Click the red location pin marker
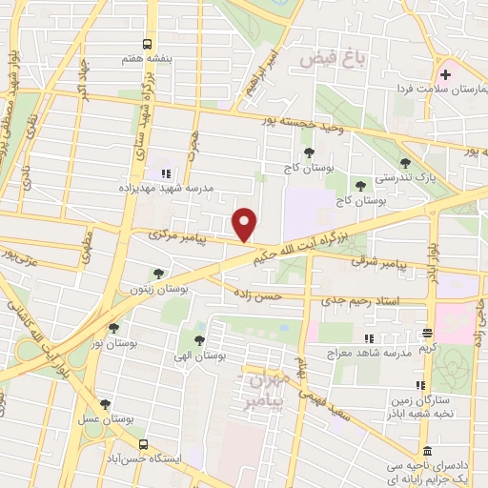(246, 224)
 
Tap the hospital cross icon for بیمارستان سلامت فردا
(446, 74)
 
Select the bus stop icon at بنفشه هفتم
(146, 44)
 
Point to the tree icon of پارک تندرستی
(406, 163)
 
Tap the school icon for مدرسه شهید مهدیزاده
(165, 173)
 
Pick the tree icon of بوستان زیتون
(157, 274)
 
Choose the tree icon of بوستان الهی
(199, 340)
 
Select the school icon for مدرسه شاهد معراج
(367, 338)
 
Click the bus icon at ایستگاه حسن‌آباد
(143, 444)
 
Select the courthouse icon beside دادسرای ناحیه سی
(425, 450)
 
